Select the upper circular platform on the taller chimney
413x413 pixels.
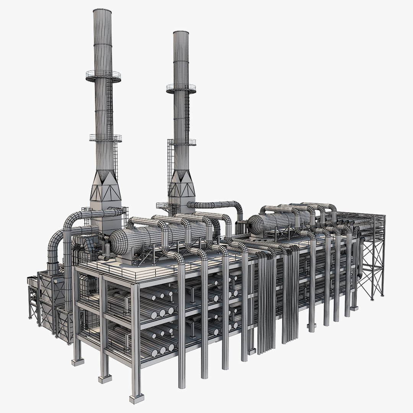[103, 76]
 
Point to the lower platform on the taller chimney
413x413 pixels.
[106, 138]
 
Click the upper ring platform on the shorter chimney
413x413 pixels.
[181, 88]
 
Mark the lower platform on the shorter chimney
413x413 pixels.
[182, 141]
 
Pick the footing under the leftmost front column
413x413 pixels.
[78, 361]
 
